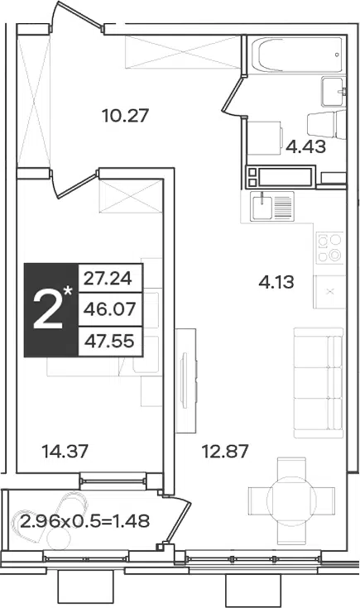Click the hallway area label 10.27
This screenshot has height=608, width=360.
(x=125, y=116)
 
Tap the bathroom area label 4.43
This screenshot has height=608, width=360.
(x=306, y=147)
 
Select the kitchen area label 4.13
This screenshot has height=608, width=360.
(x=276, y=282)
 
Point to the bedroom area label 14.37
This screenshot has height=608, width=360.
(x=65, y=451)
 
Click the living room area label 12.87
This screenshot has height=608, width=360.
(x=225, y=452)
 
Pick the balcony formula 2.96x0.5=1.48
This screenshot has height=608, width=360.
(x=85, y=521)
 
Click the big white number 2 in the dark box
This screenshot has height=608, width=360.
(x=48, y=311)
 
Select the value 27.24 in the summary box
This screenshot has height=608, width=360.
(x=108, y=279)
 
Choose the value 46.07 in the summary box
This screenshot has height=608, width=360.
(x=110, y=309)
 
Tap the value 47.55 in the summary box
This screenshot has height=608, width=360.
(x=109, y=341)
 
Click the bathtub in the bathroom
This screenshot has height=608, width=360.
(x=296, y=55)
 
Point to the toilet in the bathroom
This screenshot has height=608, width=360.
(x=326, y=124)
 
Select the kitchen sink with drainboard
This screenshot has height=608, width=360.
(x=272, y=207)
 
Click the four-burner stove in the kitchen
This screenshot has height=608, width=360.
(x=329, y=247)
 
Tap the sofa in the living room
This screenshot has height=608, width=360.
(x=319, y=383)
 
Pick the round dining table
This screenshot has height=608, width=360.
(x=291, y=501)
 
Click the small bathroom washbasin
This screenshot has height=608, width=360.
(x=333, y=92)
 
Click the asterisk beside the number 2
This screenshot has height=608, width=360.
(x=68, y=291)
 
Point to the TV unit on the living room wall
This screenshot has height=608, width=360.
(x=186, y=381)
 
